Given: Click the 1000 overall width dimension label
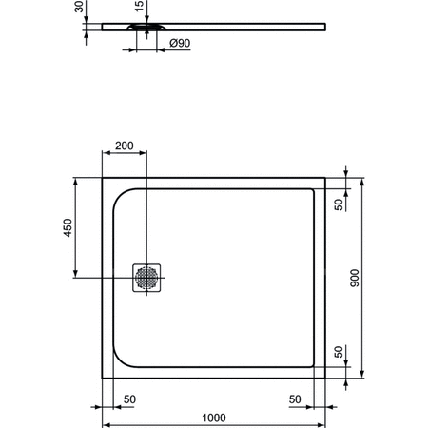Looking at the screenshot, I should [214, 417].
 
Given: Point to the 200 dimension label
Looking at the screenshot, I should [124, 146].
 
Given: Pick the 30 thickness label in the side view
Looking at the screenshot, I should [79, 9].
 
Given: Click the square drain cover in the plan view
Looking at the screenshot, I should [146, 278].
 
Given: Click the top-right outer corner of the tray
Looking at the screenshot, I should [326, 176].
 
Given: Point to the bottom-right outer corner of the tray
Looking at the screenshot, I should [326, 379].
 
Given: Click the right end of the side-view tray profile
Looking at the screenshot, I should [324, 26].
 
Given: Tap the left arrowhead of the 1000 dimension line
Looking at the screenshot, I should [106, 425].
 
